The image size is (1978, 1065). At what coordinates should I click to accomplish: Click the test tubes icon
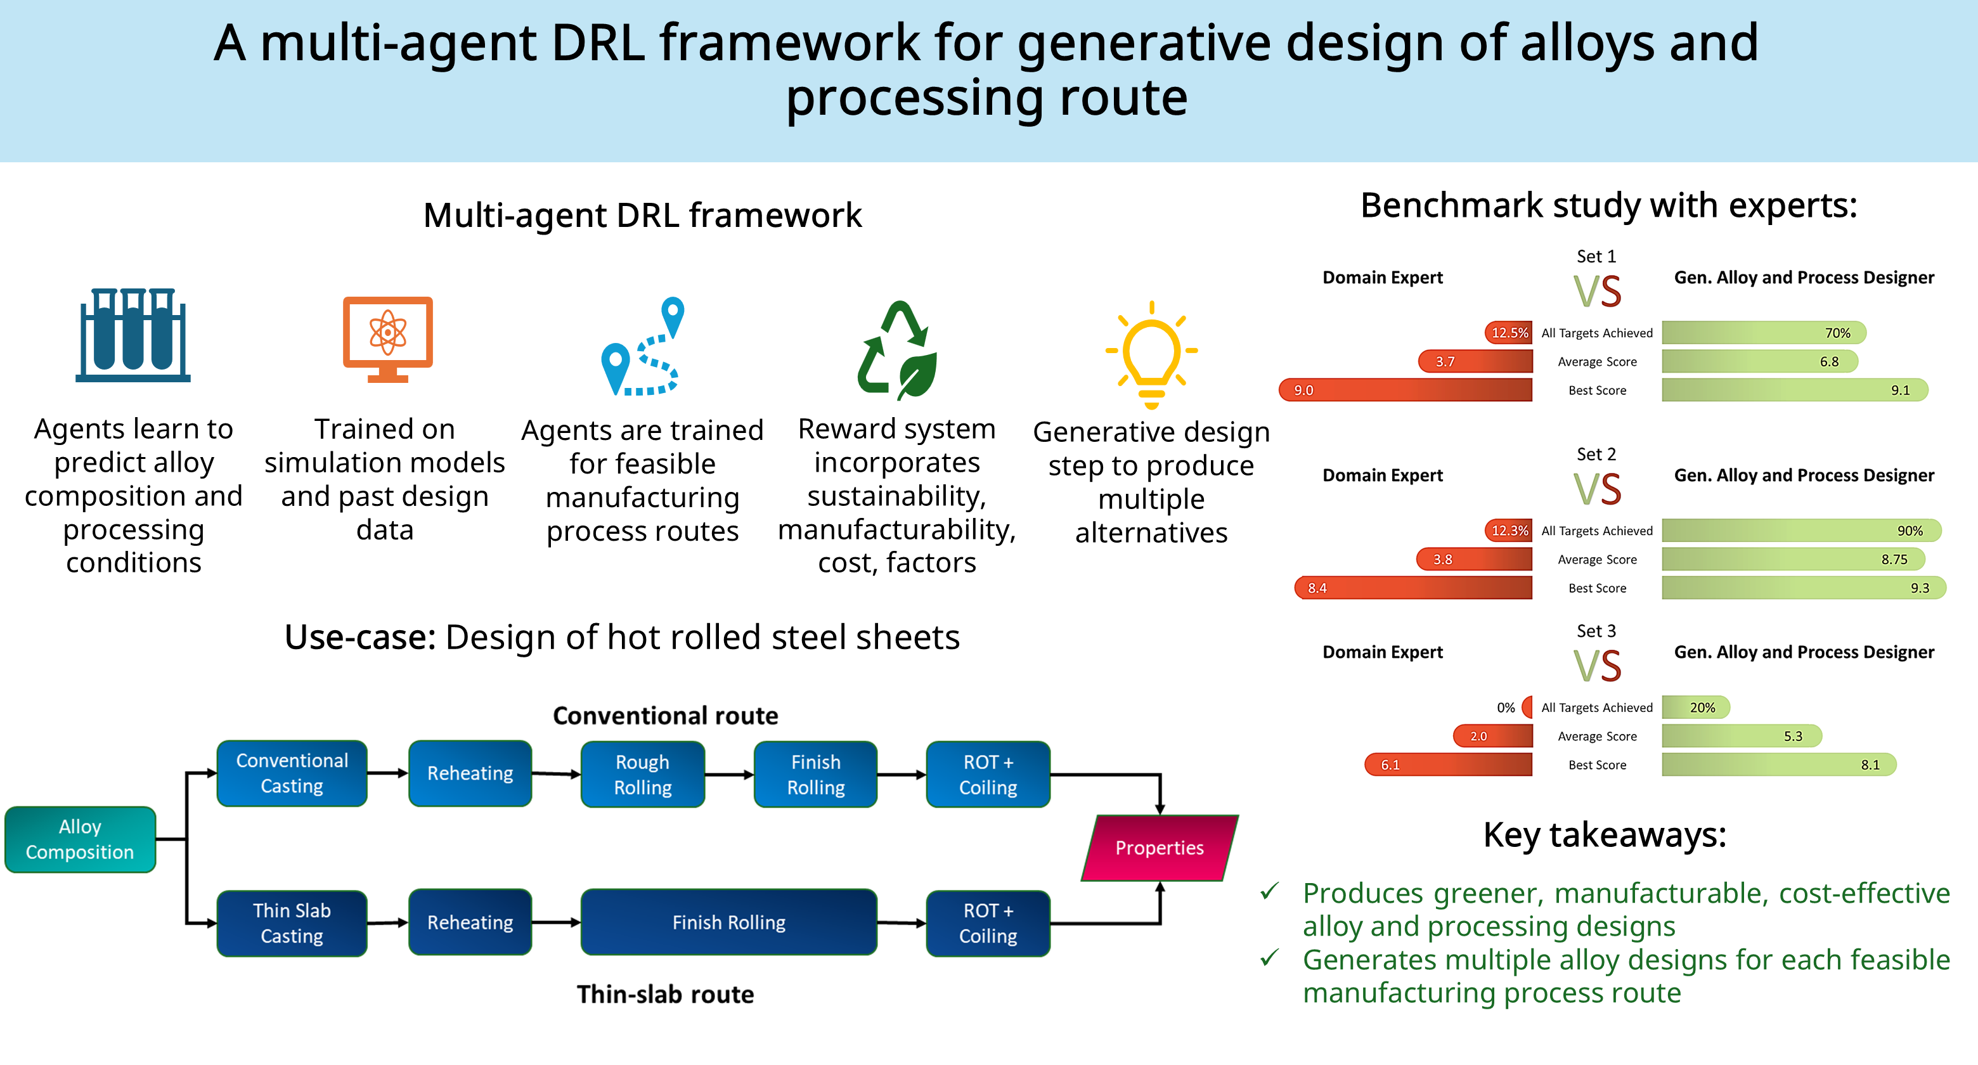133,335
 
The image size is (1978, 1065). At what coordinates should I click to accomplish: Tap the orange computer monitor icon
388,339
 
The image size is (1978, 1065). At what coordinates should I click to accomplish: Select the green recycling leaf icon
898,349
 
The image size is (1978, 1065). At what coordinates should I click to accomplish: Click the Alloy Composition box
80,839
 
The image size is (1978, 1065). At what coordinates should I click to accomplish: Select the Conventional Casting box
292,773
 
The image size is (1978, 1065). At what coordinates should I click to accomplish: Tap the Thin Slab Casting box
292,923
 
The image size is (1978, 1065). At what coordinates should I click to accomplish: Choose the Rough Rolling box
643,774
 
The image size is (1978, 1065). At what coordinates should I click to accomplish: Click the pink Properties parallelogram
1160,848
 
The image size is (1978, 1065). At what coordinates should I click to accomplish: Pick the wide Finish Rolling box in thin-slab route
728,922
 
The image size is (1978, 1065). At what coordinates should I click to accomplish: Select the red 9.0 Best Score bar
1405,390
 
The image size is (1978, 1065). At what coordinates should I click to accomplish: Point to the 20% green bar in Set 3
1696,707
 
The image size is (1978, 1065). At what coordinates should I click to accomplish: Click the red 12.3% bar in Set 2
1508,531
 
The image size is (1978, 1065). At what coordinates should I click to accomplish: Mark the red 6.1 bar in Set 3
1448,765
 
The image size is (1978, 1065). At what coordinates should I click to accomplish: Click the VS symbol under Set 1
1597,292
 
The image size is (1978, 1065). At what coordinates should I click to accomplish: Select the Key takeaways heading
1605,835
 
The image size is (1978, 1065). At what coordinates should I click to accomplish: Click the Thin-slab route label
666,995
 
